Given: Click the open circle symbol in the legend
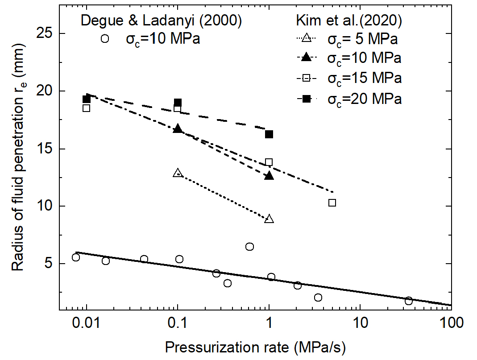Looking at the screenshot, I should coord(105,39).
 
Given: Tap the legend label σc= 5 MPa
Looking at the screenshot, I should coord(362,39).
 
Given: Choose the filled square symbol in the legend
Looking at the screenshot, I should coord(306,99).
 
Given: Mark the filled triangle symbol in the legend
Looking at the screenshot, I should coord(306,59).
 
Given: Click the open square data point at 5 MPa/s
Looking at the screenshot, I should coord(332,203).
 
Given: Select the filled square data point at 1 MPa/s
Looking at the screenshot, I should coord(269,134).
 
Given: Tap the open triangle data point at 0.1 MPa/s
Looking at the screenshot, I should coord(178,173).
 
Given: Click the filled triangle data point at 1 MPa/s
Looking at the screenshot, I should coord(269,176).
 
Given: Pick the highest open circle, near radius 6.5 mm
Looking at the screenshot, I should coord(250,247).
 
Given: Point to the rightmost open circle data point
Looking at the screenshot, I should coord(409,301).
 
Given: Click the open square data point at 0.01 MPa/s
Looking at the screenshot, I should coord(86,108).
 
